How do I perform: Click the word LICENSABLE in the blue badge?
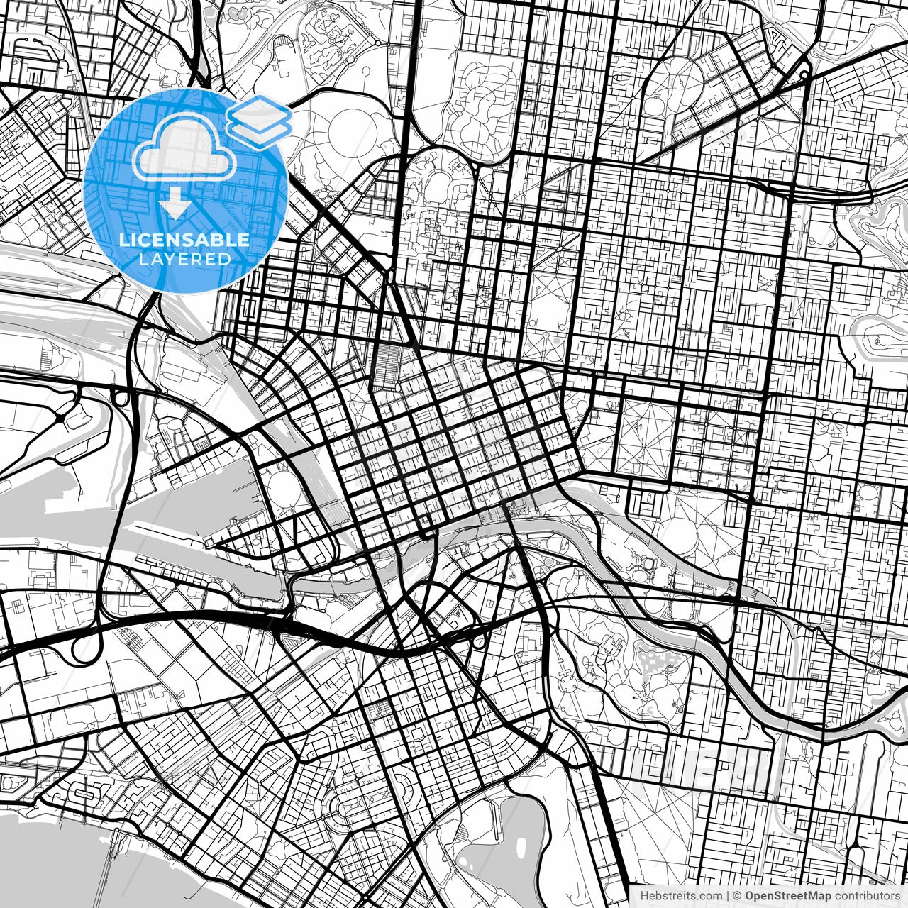pos(184,240)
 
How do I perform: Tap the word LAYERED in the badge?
pos(184,260)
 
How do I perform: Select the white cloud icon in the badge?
pos(184,148)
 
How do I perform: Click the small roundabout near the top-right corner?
pos(804,74)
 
